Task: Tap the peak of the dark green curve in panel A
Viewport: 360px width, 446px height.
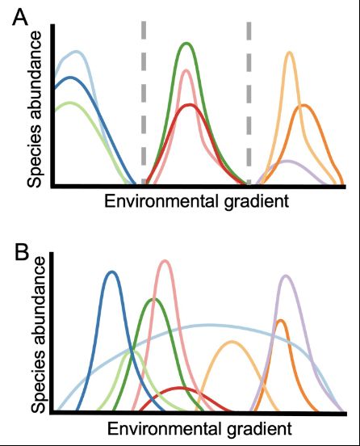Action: [x=186, y=44]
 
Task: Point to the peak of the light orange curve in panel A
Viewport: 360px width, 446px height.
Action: [x=289, y=53]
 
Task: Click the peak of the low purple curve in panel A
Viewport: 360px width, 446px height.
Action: [x=285, y=161]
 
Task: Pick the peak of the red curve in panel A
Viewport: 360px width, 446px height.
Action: [x=189, y=105]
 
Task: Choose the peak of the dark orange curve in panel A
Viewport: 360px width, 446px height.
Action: [x=303, y=105]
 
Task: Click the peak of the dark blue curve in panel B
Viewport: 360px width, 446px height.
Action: [x=112, y=272]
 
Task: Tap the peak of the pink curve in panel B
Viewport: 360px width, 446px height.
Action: [x=165, y=261]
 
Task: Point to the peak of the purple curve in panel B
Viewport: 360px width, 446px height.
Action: [x=285, y=276]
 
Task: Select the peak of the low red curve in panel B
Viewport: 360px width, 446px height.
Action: [x=181, y=389]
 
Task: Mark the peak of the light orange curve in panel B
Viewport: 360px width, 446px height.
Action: [x=232, y=342]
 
